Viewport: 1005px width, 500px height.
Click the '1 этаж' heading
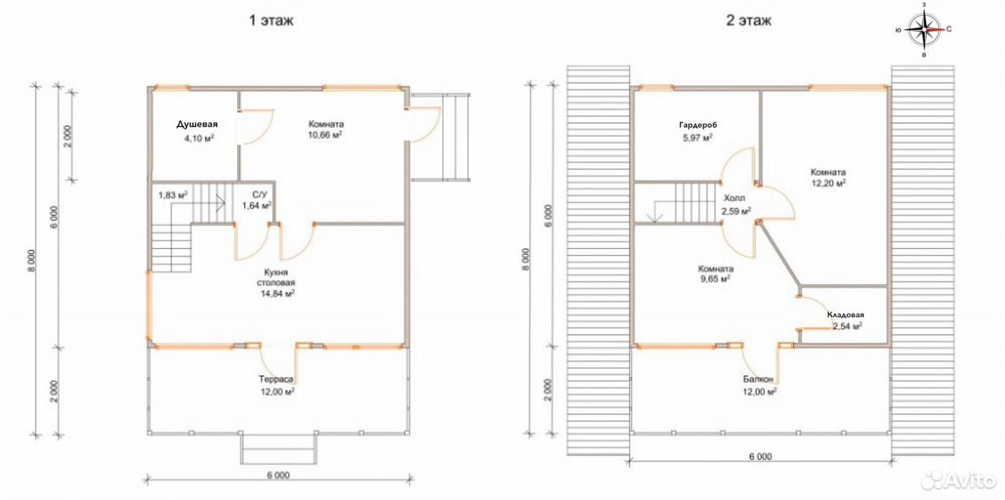coord(272,20)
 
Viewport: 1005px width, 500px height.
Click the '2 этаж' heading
coord(749,20)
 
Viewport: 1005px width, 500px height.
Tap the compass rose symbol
coord(924,30)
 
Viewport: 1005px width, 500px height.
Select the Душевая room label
coord(197,124)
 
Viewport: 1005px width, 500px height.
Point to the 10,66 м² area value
coord(325,135)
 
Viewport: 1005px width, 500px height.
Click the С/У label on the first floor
coord(259,195)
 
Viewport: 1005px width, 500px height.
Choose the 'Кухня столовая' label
coord(276,278)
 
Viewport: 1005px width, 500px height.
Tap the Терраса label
coord(276,379)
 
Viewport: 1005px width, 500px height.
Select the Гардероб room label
coord(698,125)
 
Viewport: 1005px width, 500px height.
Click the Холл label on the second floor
coord(734,199)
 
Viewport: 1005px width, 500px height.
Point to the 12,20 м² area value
coord(828,183)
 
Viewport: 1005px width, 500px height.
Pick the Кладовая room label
coord(846,316)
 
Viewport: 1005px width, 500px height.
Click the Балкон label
coord(758,379)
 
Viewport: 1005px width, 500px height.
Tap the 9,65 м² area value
coord(714,279)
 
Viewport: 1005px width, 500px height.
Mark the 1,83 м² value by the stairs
coord(173,195)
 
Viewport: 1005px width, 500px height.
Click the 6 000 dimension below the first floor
coord(278,476)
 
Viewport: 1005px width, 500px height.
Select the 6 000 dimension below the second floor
coord(761,457)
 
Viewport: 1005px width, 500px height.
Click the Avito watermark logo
coord(959,480)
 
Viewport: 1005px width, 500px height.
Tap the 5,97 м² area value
coord(698,139)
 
